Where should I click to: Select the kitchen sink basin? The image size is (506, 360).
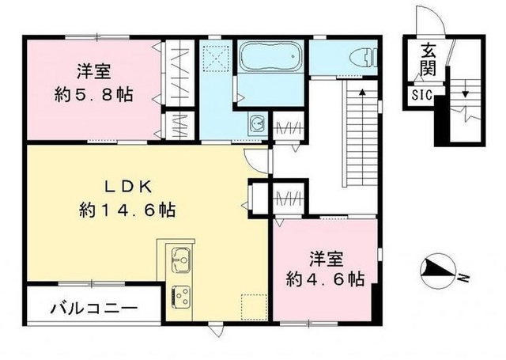pyautogui.click(x=179, y=260)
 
